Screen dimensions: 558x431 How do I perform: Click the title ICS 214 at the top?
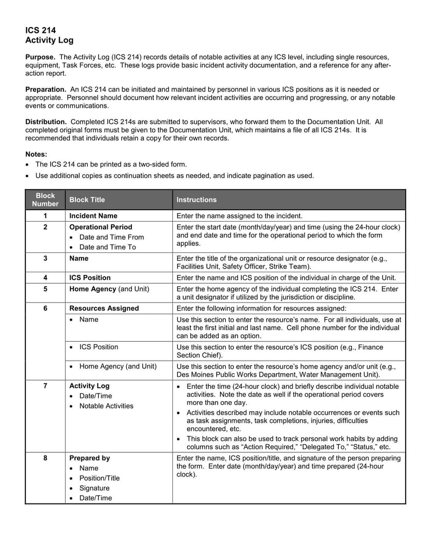click(x=40, y=30)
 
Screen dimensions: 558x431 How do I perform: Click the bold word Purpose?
click(x=40, y=57)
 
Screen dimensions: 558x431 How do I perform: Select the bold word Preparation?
click(x=45, y=89)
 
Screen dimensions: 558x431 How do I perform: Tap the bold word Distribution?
click(x=46, y=122)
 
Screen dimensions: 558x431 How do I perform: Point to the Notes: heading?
click(x=36, y=154)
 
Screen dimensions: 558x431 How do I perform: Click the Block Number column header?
click(x=45, y=199)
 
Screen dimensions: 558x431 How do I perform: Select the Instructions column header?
click(x=197, y=200)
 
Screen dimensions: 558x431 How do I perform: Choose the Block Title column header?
click(x=87, y=200)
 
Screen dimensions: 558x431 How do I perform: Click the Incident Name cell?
click(x=93, y=216)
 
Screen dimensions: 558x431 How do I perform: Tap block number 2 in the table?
click(x=45, y=227)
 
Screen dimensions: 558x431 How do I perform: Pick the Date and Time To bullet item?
click(x=108, y=247)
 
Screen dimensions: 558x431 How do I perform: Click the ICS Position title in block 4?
click(x=90, y=278)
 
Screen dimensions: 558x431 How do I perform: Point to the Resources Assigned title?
click(x=104, y=308)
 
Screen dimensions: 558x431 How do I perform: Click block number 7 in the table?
click(x=45, y=386)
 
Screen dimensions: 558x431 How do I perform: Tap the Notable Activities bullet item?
click(x=106, y=406)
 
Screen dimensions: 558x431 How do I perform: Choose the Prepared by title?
click(x=89, y=458)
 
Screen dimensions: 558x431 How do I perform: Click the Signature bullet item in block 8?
click(x=94, y=488)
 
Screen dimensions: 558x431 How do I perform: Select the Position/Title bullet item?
click(x=100, y=478)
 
